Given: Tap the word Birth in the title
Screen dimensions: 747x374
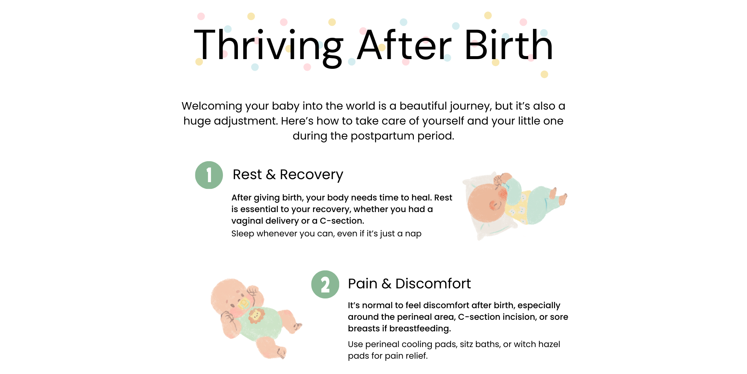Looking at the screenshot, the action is click(508, 45).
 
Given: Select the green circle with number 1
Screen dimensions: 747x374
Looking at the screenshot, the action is click(209, 175).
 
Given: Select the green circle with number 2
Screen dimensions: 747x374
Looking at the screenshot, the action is click(325, 285).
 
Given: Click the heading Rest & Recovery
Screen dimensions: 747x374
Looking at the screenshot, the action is click(288, 175).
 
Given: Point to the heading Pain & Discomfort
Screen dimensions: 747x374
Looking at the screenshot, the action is click(409, 283).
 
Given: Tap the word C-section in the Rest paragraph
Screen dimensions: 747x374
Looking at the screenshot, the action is click(341, 221).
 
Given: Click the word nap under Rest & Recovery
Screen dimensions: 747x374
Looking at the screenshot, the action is click(413, 234).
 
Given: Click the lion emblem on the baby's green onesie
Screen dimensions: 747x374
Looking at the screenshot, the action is click(256, 316).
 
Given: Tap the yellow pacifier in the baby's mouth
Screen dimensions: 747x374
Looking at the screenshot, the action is click(243, 303).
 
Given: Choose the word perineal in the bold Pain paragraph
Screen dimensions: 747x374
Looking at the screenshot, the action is click(413, 318).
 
